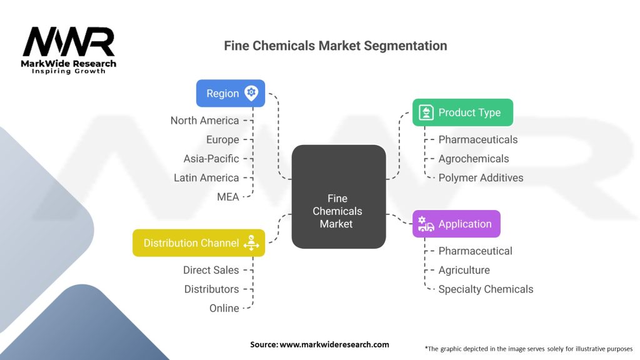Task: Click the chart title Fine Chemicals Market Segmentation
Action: click(x=336, y=46)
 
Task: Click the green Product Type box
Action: click(x=462, y=112)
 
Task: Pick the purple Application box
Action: click(x=456, y=224)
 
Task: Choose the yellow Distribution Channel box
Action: click(x=199, y=242)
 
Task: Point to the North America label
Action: click(x=205, y=121)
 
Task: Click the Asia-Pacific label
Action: click(x=211, y=159)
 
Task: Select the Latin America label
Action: click(x=206, y=178)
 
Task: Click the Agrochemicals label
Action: click(x=474, y=159)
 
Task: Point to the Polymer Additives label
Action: click(x=481, y=178)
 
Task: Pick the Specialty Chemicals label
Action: click(x=486, y=289)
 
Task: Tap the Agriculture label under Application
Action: click(x=464, y=270)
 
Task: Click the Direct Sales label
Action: click(x=211, y=270)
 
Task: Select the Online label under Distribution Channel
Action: click(x=224, y=308)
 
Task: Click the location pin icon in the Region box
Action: click(x=251, y=93)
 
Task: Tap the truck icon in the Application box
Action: click(x=426, y=224)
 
